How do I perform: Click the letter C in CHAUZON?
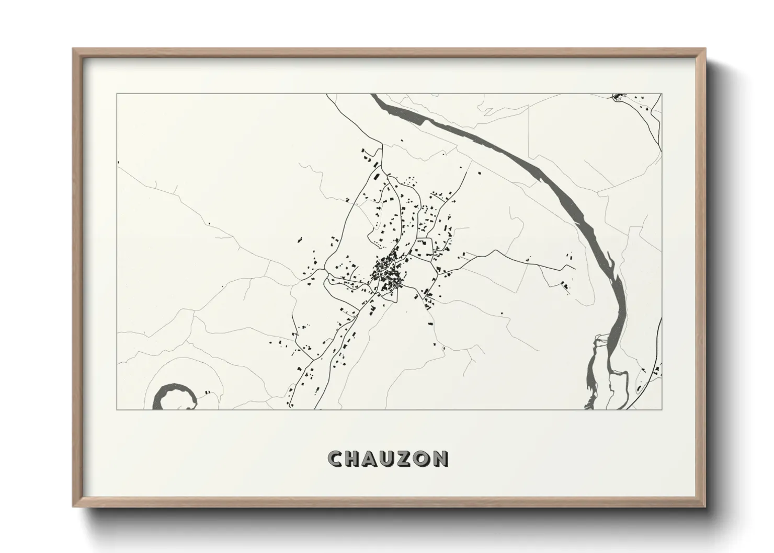click(336, 459)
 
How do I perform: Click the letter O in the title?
click(423, 459)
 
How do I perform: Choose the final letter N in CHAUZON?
click(440, 459)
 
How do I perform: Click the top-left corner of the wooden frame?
click(73, 49)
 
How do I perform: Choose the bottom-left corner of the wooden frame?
click(73, 506)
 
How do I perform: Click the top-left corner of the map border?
click(117, 94)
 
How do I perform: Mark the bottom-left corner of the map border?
click(117, 409)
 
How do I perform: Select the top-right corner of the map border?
click(662, 94)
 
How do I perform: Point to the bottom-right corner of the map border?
click(662, 409)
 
